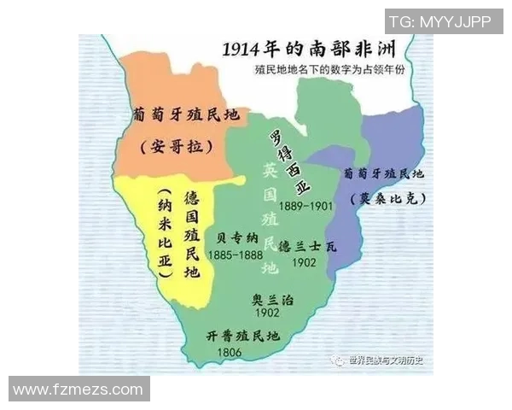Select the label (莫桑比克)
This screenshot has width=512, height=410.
pos(389,197)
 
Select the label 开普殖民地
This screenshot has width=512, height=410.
pos(243,337)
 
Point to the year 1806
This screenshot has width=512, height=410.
pos(230,352)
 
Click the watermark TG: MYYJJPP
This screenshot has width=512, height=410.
pos(439,21)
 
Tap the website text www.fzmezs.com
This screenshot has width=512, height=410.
pos(78,389)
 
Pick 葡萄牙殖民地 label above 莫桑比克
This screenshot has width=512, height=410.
pos(382,173)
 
